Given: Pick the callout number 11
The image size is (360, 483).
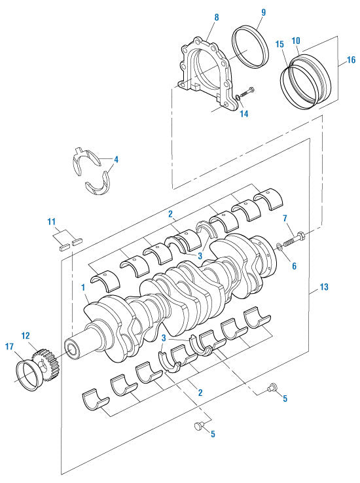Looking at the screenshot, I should (x=53, y=223).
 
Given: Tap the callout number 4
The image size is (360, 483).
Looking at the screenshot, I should (x=116, y=159).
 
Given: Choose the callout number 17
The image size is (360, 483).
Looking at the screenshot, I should (x=10, y=346).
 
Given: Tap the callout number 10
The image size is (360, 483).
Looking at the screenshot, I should (x=295, y=41).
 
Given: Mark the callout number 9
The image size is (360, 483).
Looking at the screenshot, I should (x=263, y=12).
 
